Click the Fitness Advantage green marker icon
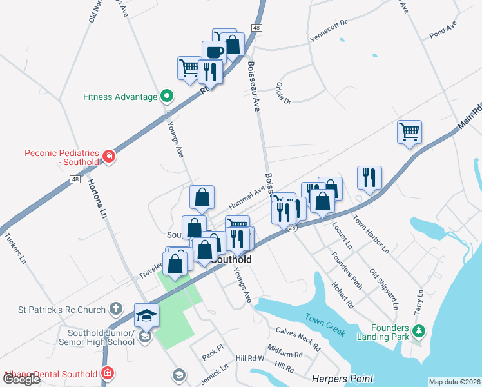tap(167, 97)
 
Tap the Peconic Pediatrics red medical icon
tap(110, 156)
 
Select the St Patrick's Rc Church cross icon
tap(115, 310)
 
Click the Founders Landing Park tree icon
tap(419, 331)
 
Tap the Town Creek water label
tap(325, 325)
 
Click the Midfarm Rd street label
tap(284, 354)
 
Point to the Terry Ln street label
tap(419, 301)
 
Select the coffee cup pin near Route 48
tap(214, 52)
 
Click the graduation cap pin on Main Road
tap(146, 315)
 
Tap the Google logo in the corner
tap(21, 379)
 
